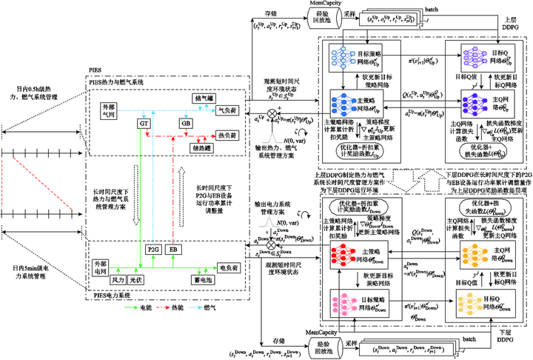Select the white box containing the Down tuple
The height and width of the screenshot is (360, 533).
coord(408,348)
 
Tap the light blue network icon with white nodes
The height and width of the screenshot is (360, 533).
coord(343,56)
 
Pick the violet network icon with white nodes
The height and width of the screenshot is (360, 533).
coord(474,56)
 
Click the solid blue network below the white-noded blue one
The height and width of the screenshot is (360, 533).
coord(343,104)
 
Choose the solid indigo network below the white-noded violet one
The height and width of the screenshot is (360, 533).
coord(474,104)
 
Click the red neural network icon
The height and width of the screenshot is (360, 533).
coord(343,255)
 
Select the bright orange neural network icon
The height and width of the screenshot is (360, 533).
coord(474,255)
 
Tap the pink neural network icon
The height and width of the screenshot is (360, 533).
coord(344,304)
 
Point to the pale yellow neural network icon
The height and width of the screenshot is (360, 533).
coord(470,304)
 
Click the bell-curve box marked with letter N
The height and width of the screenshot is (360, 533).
coord(269,221)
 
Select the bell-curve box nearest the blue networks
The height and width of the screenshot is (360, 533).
coord(272,138)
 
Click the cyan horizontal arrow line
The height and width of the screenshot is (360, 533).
coord(167,110)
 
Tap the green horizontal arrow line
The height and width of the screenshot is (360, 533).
coord(163,267)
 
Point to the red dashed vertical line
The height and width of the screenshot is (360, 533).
coord(173,193)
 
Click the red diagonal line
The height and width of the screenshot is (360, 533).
coord(42,183)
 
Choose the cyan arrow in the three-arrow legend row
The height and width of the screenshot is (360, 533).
coord(195,307)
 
